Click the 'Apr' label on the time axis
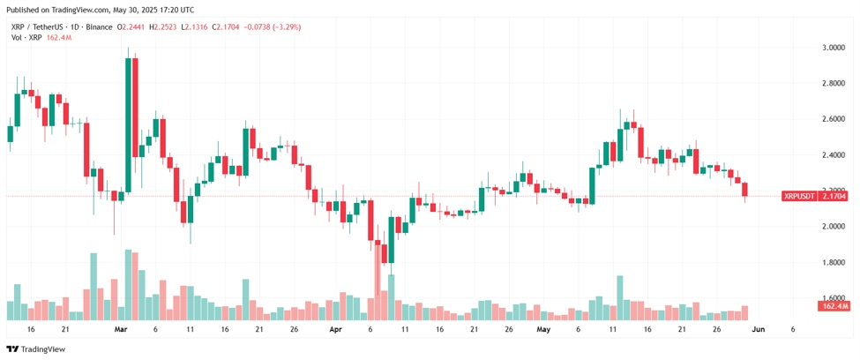coord(335,329)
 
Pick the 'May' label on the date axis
coord(543,329)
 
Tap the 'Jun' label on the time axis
coord(758,329)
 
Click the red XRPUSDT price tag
coord(798,196)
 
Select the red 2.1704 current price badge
coord(833,196)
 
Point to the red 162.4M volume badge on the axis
coord(833,305)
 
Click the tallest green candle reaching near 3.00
coord(129,125)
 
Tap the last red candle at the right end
coord(744,190)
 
